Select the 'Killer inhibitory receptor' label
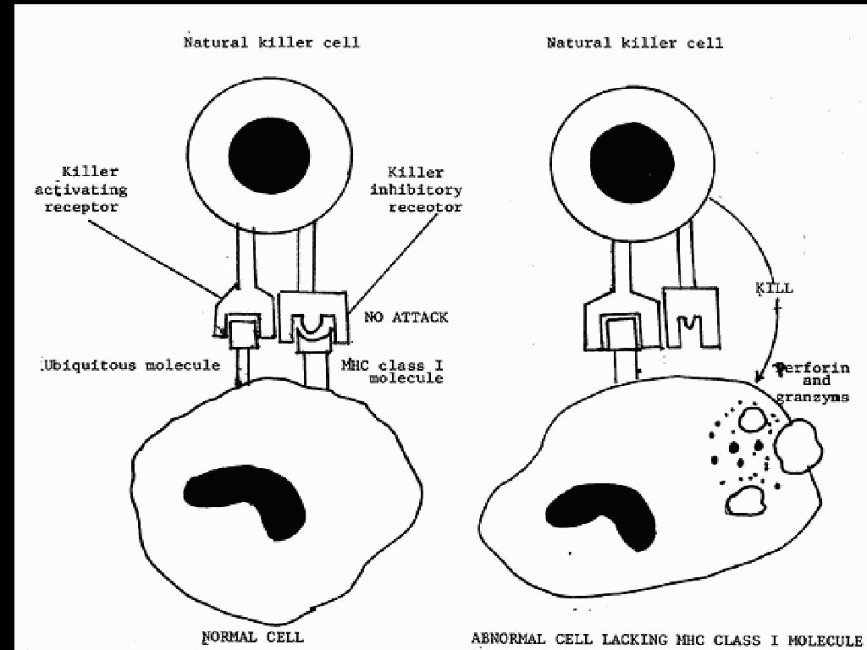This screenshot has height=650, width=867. pyautogui.click(x=418, y=190)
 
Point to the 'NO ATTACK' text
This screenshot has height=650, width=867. pyautogui.click(x=406, y=317)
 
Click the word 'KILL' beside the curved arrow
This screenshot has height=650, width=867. pyautogui.click(x=774, y=289)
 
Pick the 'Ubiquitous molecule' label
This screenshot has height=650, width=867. pyautogui.click(x=130, y=366)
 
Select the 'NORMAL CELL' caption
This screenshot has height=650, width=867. pyautogui.click(x=251, y=636)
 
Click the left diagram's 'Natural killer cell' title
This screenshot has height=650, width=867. pyautogui.click(x=272, y=42)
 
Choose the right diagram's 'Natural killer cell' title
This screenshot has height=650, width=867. pyautogui.click(x=634, y=42)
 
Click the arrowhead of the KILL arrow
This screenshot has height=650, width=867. pyautogui.click(x=759, y=372)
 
